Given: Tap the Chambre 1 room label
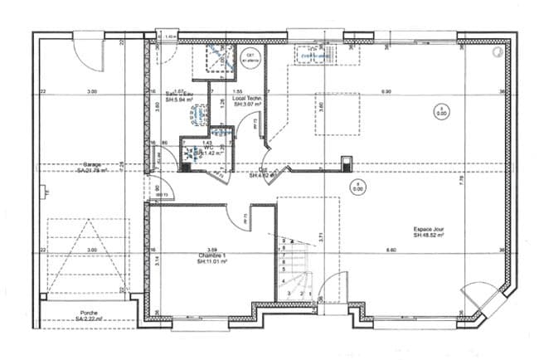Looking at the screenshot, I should click(212, 258).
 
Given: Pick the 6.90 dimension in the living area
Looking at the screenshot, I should click(386, 90).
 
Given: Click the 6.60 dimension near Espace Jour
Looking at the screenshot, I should click(390, 250).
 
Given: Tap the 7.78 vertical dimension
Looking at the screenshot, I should click(462, 190).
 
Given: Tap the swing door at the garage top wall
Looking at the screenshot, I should click(89, 52).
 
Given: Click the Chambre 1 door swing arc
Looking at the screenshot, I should click(245, 217).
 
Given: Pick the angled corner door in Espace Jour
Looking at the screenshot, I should click(478, 294).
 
